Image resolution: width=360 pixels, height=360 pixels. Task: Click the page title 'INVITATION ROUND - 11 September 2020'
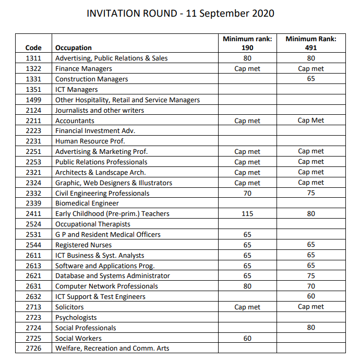pyautogui.click(x=180, y=13)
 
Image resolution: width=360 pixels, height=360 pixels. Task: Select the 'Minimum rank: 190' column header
pyautogui.click(x=247, y=43)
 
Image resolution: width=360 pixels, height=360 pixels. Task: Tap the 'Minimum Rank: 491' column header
pyautogui.click(x=311, y=43)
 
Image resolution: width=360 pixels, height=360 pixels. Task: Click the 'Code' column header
pyautogui.click(x=33, y=48)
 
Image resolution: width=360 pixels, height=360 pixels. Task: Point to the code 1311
pyautogui.click(x=33, y=58)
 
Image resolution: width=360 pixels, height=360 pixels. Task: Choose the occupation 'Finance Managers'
pyautogui.click(x=83, y=69)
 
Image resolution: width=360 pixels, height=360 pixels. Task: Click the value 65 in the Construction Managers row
pyautogui.click(x=311, y=79)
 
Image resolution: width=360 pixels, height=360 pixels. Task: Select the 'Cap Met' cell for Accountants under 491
pyautogui.click(x=311, y=121)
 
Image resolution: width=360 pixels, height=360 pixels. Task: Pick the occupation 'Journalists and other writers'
pyautogui.click(x=100, y=110)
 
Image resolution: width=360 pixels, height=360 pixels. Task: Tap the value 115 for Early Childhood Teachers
pyautogui.click(x=247, y=214)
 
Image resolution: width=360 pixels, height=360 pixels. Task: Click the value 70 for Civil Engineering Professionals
pyautogui.click(x=247, y=193)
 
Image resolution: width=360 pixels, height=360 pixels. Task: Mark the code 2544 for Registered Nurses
pyautogui.click(x=33, y=245)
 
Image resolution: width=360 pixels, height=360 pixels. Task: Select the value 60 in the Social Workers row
pyautogui.click(x=247, y=338)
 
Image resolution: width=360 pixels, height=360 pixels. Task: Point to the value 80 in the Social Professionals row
pyautogui.click(x=311, y=328)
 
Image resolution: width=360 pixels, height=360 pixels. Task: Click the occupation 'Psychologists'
pyautogui.click(x=76, y=317)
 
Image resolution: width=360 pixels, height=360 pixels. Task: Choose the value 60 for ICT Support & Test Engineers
pyautogui.click(x=311, y=296)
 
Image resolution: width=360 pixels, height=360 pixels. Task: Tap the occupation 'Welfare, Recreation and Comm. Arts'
pyautogui.click(x=112, y=349)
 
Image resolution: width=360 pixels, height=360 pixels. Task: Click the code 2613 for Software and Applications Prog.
pyautogui.click(x=33, y=266)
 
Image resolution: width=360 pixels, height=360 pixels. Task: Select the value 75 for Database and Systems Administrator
pyautogui.click(x=311, y=276)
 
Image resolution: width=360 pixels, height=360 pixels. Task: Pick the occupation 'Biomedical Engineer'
pyautogui.click(x=87, y=203)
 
